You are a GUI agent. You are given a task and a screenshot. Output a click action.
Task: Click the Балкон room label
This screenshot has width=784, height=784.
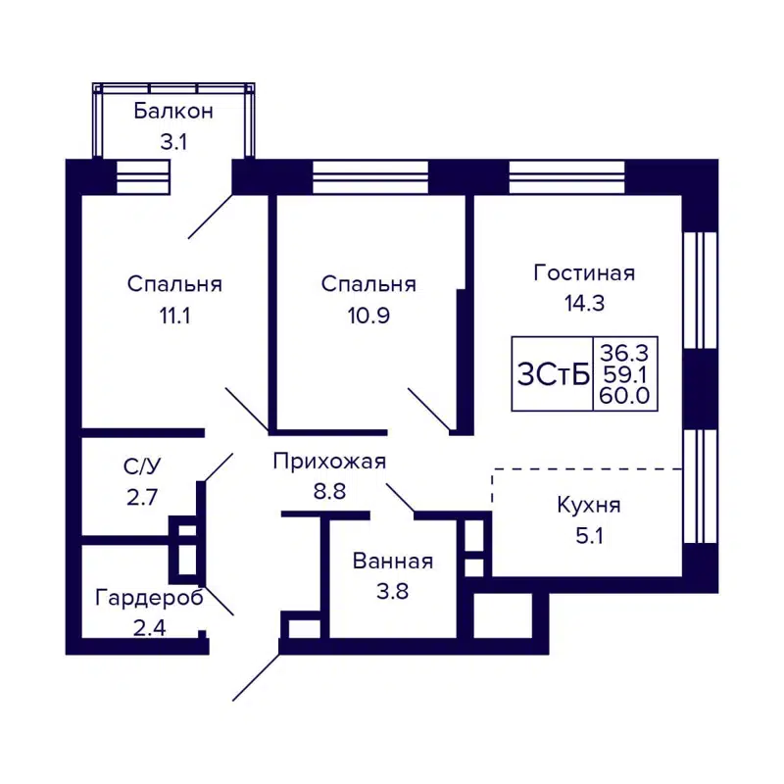click(x=172, y=111)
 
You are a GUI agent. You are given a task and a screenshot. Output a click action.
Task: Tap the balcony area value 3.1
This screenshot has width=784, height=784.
click(x=172, y=141)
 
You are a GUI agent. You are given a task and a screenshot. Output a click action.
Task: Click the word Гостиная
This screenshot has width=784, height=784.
click(x=584, y=272)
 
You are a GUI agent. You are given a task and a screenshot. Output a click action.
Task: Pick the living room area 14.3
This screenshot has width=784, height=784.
click(x=584, y=303)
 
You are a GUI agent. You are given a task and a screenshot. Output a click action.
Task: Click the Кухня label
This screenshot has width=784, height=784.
click(x=588, y=506)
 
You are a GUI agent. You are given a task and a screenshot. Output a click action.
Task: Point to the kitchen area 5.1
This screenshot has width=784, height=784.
click(x=588, y=536)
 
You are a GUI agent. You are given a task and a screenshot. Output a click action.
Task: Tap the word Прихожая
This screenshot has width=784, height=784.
click(x=329, y=462)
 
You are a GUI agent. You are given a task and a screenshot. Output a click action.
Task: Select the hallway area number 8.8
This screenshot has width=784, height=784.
click(x=329, y=492)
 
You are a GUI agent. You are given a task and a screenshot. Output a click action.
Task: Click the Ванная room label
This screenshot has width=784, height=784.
click(x=393, y=562)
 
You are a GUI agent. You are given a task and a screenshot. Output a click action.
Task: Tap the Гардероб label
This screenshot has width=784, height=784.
click(x=149, y=598)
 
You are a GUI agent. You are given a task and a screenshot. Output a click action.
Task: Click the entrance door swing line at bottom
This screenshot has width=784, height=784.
click(x=256, y=677)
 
